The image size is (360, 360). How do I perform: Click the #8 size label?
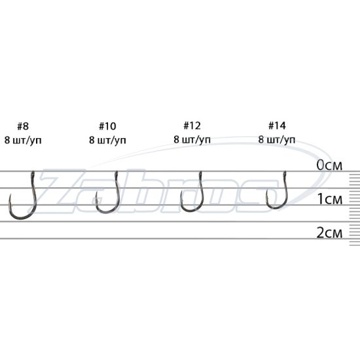(x=23, y=126)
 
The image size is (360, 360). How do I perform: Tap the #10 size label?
(x=107, y=126)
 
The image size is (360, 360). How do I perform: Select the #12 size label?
(x=192, y=126)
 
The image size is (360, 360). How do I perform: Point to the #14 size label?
(x=277, y=126)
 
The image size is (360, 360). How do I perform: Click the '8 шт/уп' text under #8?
(x=23, y=140)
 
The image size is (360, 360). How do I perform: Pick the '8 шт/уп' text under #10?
(x=107, y=140)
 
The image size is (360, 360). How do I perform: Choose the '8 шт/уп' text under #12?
(x=192, y=139)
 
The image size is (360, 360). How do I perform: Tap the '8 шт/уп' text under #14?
(x=277, y=139)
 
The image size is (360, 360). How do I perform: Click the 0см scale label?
(x=329, y=166)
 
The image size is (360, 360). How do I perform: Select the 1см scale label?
(x=330, y=199)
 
